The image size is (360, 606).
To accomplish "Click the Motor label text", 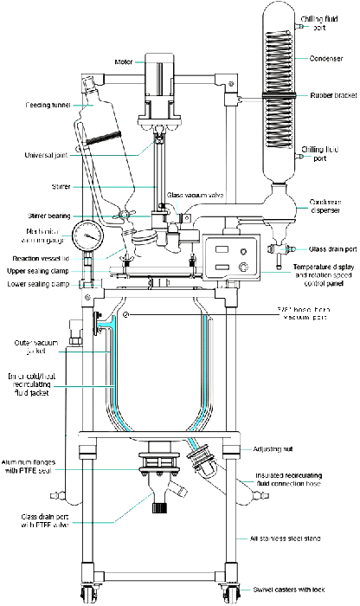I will (124, 61).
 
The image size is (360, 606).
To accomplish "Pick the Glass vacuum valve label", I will (196, 195).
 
